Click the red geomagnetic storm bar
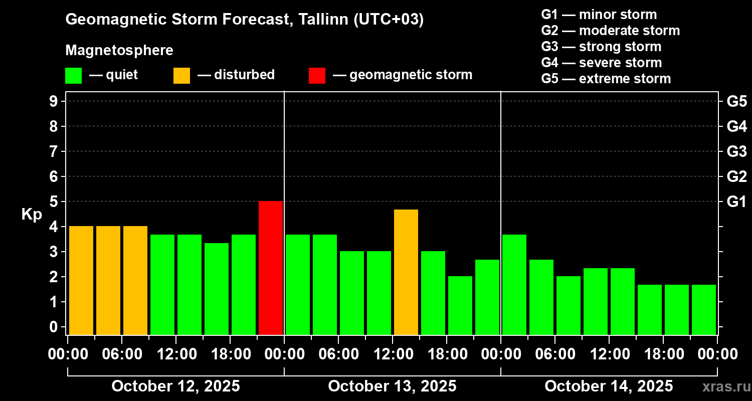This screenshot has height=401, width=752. (271, 268)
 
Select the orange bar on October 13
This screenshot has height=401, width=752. (406, 272)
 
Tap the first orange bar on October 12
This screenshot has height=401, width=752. (81, 280)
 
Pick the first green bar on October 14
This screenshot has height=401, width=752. (514, 284)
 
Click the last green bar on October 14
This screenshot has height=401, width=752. (704, 309)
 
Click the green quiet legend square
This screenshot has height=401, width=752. (73, 76)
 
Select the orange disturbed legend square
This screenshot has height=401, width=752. (181, 76)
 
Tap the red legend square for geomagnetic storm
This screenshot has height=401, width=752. (317, 76)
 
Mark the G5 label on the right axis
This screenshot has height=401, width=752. (736, 101)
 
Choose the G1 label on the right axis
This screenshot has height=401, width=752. (736, 202)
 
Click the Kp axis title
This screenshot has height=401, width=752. (32, 215)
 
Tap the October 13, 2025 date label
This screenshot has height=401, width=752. (392, 386)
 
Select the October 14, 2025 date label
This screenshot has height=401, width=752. (609, 386)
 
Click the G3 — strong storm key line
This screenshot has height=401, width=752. (601, 47)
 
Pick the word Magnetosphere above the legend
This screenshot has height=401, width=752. (119, 51)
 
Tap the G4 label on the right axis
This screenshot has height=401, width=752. (736, 126)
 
